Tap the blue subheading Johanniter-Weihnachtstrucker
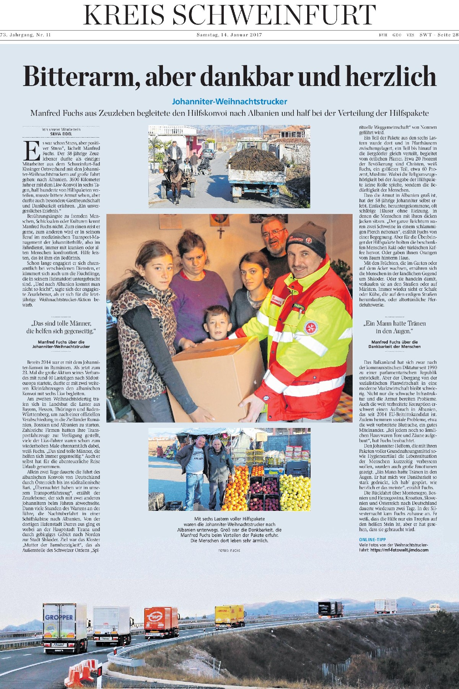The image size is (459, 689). click(229, 102)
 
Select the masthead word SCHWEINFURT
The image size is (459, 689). click(274, 16)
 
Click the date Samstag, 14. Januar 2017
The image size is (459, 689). click(229, 35)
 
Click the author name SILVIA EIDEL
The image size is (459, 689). click(61, 134)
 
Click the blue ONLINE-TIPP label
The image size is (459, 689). click(373, 539)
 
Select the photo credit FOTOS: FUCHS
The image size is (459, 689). click(229, 551)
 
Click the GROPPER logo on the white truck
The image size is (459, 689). click(59, 617)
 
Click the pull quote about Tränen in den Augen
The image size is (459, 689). click(394, 327)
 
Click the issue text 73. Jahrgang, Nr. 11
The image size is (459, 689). click(26, 35)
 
